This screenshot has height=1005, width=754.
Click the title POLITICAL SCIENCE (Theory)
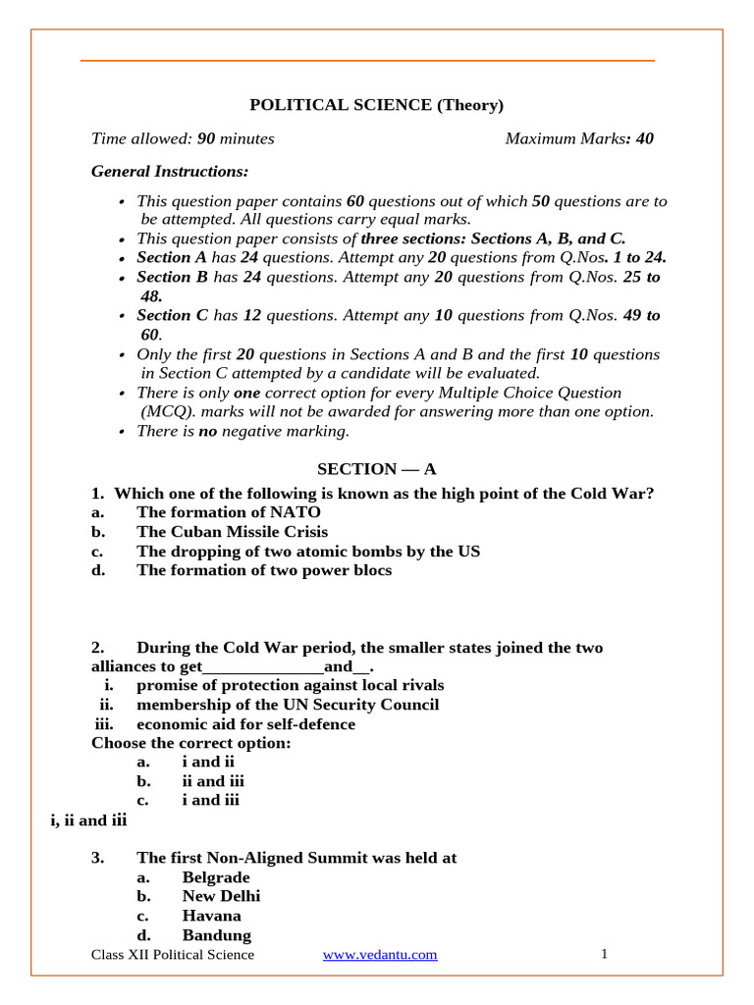376,105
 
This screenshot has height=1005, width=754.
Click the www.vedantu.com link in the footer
380,955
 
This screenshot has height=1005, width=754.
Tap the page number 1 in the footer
605,954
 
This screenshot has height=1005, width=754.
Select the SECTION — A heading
376,469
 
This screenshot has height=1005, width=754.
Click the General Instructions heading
170,172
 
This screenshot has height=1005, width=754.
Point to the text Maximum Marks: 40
578,138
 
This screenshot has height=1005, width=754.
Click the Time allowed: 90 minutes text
183,138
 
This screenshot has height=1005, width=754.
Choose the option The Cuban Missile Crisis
232,532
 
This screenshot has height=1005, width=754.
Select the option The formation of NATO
228,512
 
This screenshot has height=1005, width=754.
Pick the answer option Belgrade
216,877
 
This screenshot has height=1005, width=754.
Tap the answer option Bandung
216,935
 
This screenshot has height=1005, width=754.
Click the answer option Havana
211,916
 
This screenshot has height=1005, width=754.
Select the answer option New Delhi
221,896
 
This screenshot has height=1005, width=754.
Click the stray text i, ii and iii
88,820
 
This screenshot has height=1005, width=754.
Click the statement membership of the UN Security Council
288,705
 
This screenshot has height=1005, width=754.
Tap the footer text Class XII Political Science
172,955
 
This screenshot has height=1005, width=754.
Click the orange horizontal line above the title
366,61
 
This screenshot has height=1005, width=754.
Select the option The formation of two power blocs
263,570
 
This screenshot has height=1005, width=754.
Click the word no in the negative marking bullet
207,431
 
